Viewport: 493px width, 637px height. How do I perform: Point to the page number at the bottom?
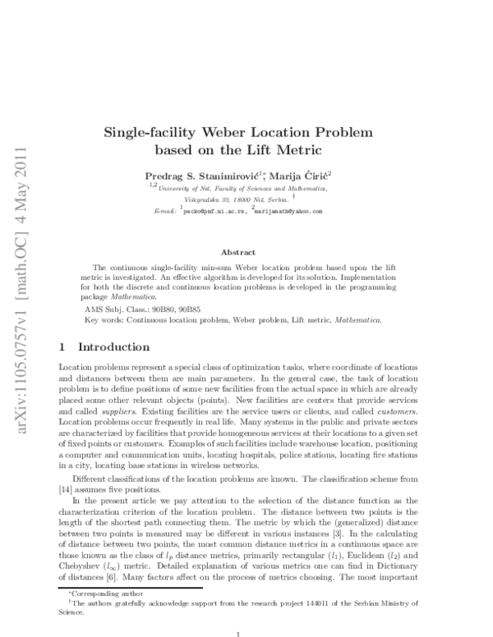pyautogui.click(x=238, y=633)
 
